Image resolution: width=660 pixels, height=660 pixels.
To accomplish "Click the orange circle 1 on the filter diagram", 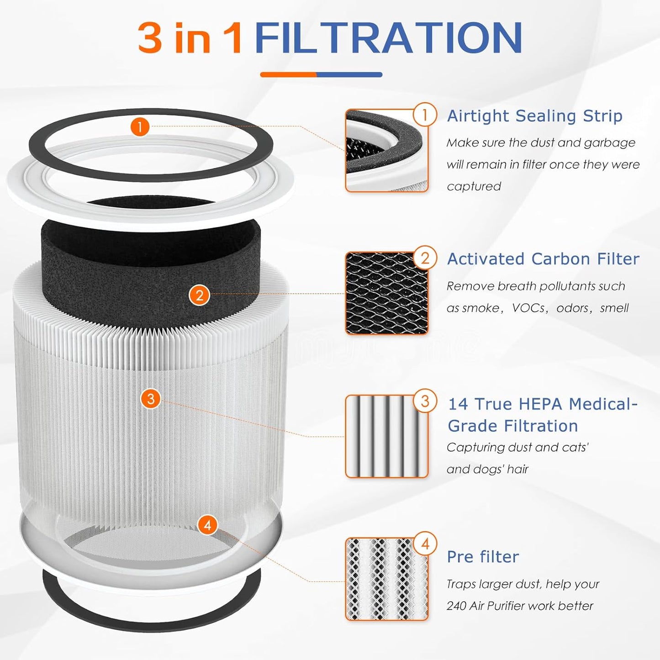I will click(140, 127).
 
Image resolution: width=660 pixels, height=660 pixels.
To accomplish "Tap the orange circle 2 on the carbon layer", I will click(199, 296).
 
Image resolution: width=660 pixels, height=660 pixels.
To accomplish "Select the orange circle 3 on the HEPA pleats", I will click(151, 399).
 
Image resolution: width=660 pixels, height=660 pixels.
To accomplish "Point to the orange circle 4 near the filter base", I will click(207, 525).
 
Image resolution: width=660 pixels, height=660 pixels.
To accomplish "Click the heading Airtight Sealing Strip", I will click(534, 116).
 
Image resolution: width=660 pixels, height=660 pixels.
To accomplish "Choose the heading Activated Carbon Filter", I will click(543, 259).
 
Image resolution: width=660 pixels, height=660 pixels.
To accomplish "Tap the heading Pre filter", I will click(483, 557).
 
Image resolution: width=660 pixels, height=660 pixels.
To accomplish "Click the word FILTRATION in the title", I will click(388, 38).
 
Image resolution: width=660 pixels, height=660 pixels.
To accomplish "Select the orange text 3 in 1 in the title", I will click(190, 38).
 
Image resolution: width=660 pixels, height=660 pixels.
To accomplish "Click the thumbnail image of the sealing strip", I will click(386, 151).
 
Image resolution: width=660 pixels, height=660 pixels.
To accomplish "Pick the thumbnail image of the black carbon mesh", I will click(386, 293).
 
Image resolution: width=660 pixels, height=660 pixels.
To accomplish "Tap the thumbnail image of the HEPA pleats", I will click(386, 437).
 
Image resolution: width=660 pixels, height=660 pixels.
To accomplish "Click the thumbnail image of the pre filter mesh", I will click(386, 579).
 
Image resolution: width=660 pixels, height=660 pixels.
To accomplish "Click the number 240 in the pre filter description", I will click(456, 606).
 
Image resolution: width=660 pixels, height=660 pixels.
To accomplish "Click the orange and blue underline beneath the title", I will click(321, 74).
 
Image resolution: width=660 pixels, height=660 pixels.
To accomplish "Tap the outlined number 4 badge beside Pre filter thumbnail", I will click(425, 544).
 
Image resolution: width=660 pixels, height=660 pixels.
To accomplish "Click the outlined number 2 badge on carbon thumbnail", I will click(425, 259).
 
